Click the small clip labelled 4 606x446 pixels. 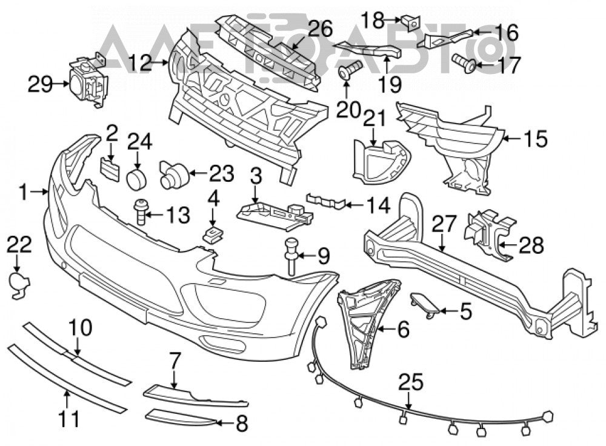[212, 235]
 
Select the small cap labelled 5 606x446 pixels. [425, 304]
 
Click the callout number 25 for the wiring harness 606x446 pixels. [411, 384]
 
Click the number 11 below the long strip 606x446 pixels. [71, 419]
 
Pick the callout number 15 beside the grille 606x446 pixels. [536, 139]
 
